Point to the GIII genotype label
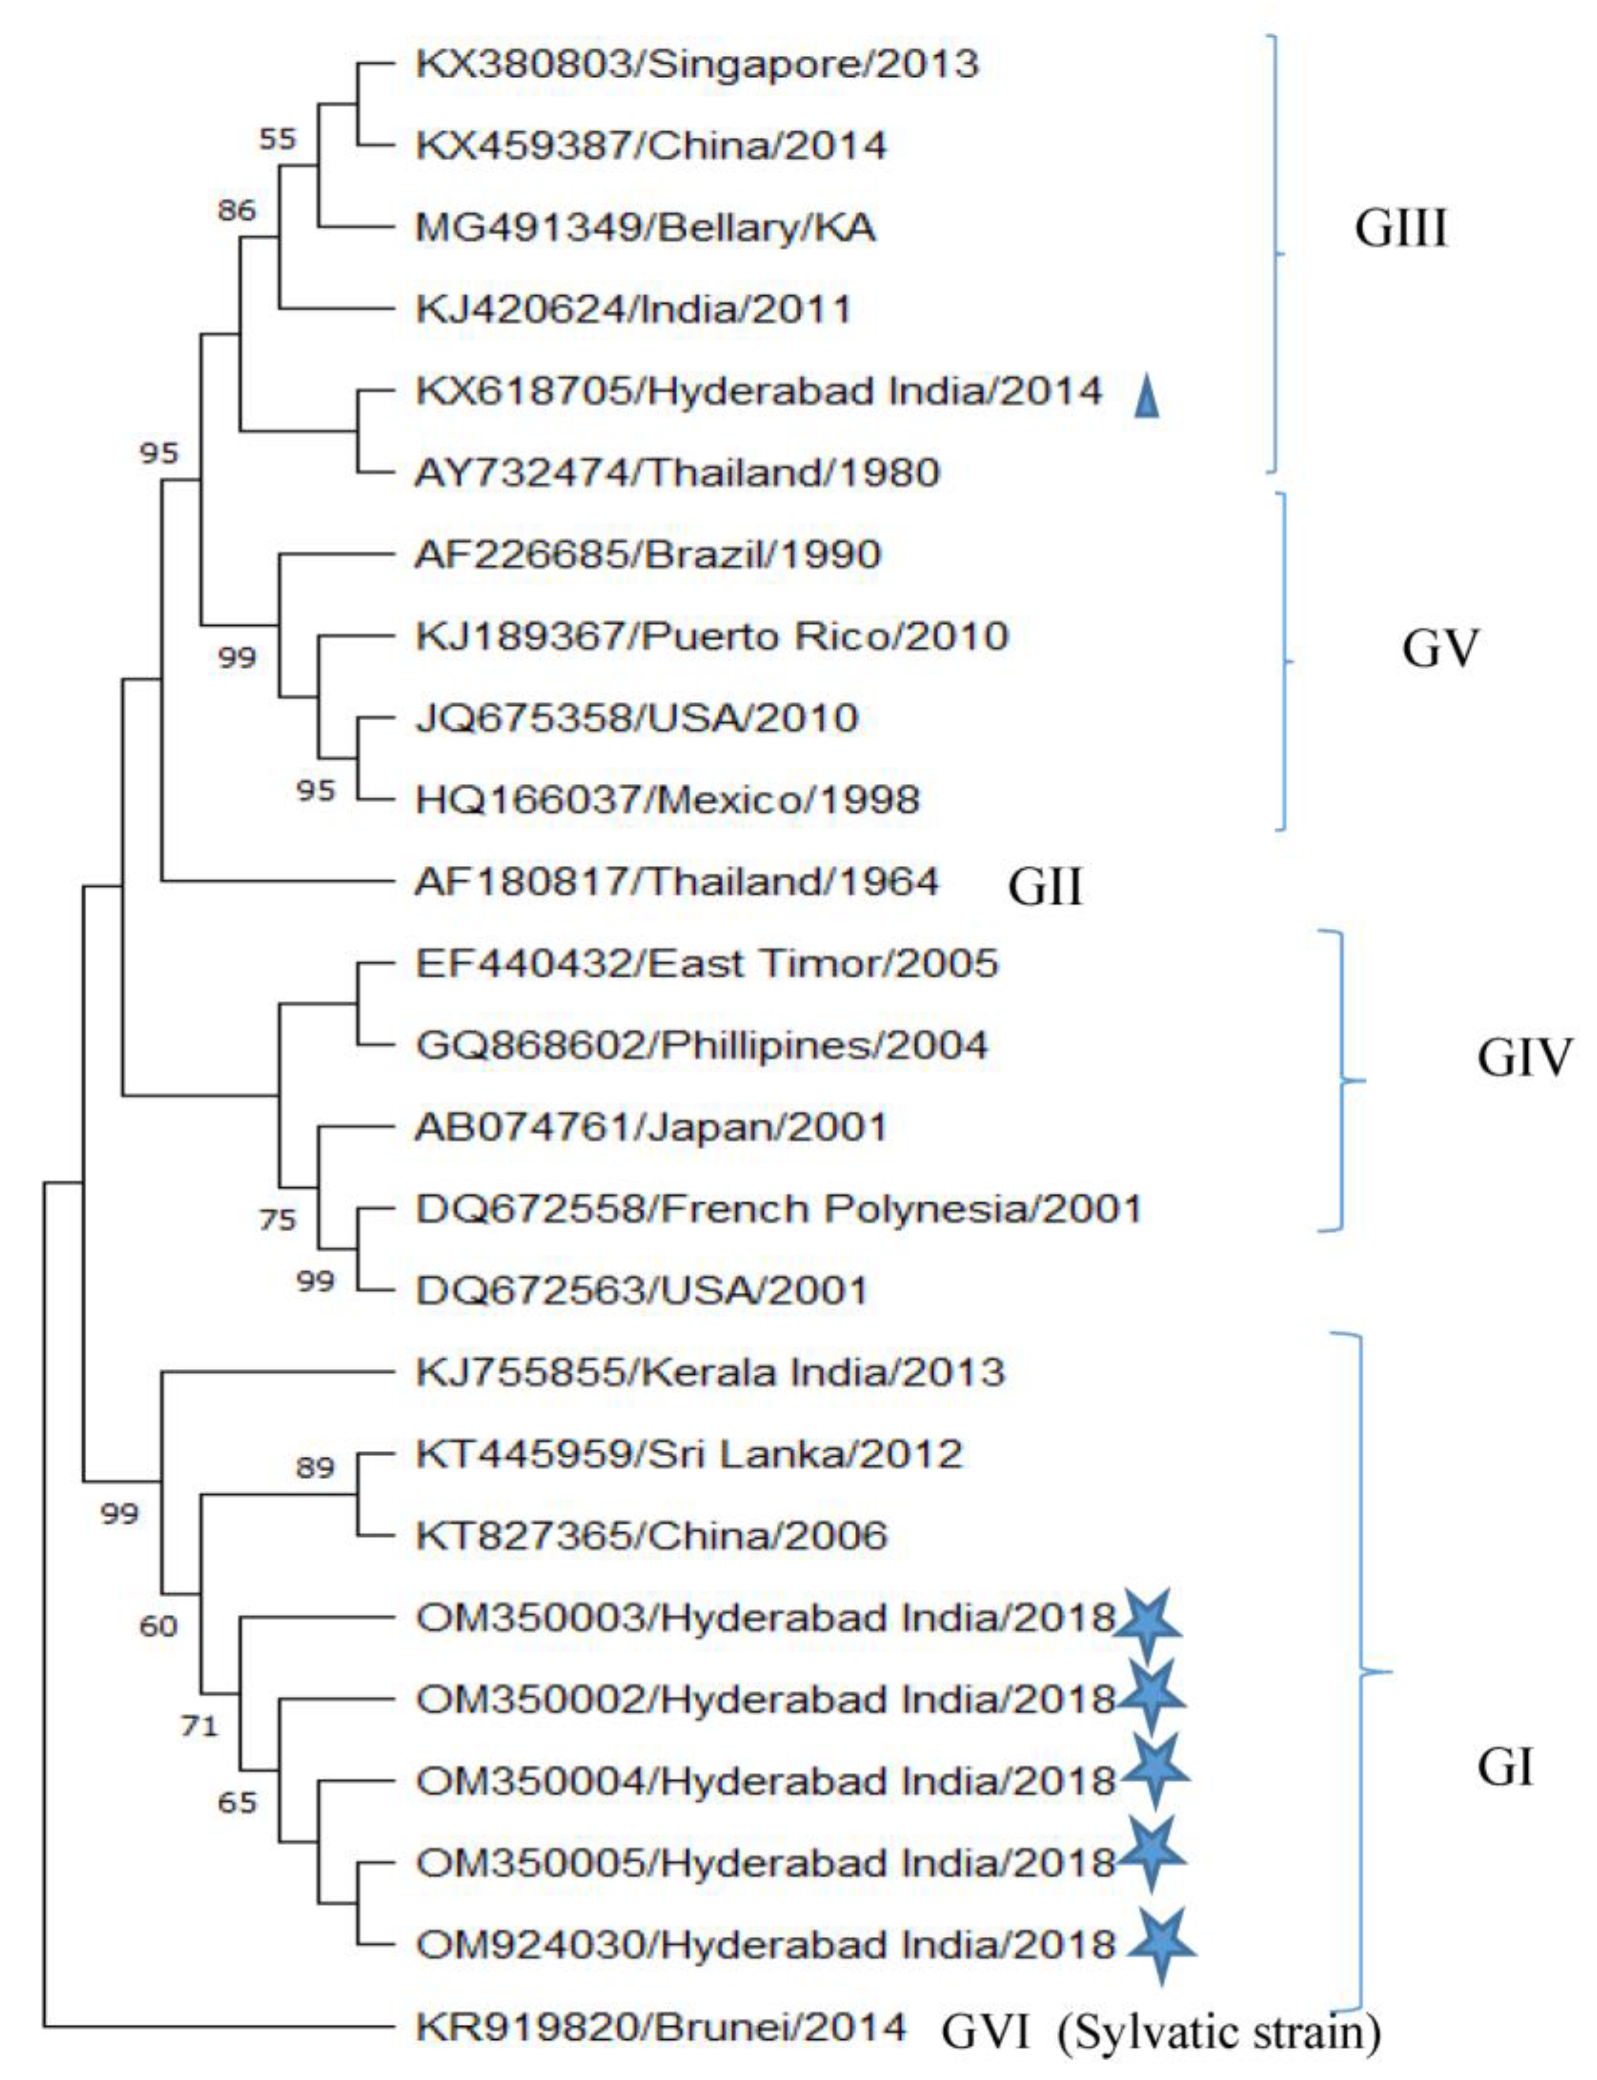pos(1400,229)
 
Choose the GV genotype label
pos(1440,649)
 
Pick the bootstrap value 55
pos(277,140)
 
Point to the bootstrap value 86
pos(237,210)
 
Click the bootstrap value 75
pos(277,1220)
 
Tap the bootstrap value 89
pos(315,1469)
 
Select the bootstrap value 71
pos(199,1725)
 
